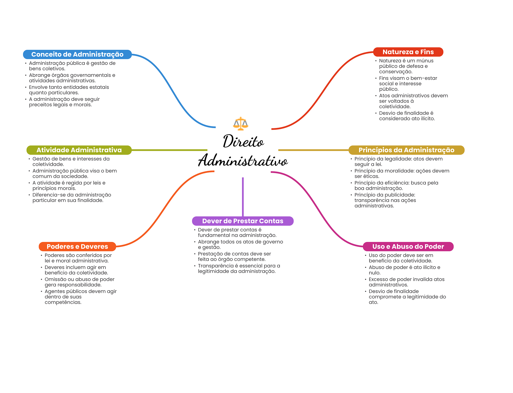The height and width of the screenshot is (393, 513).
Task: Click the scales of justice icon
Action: (240, 123)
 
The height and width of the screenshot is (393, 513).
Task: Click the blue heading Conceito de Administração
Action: (77, 54)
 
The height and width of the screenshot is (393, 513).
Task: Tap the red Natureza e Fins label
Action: (408, 52)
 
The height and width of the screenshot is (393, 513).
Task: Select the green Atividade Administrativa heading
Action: (79, 150)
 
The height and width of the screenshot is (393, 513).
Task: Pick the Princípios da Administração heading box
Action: (406, 150)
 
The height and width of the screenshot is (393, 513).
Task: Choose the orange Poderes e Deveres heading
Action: (77, 246)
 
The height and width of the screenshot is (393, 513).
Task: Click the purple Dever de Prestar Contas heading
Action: (242, 221)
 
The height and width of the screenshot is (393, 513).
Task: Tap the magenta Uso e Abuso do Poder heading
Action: (408, 246)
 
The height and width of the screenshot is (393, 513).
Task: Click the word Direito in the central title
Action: (243, 142)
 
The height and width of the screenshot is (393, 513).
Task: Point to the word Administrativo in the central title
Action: (243, 161)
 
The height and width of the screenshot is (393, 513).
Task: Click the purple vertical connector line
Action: (243, 197)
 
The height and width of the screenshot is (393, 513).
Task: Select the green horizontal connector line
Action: (169, 150)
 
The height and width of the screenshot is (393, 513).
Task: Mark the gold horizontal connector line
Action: (313, 150)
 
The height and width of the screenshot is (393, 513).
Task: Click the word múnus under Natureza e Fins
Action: (425, 61)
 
